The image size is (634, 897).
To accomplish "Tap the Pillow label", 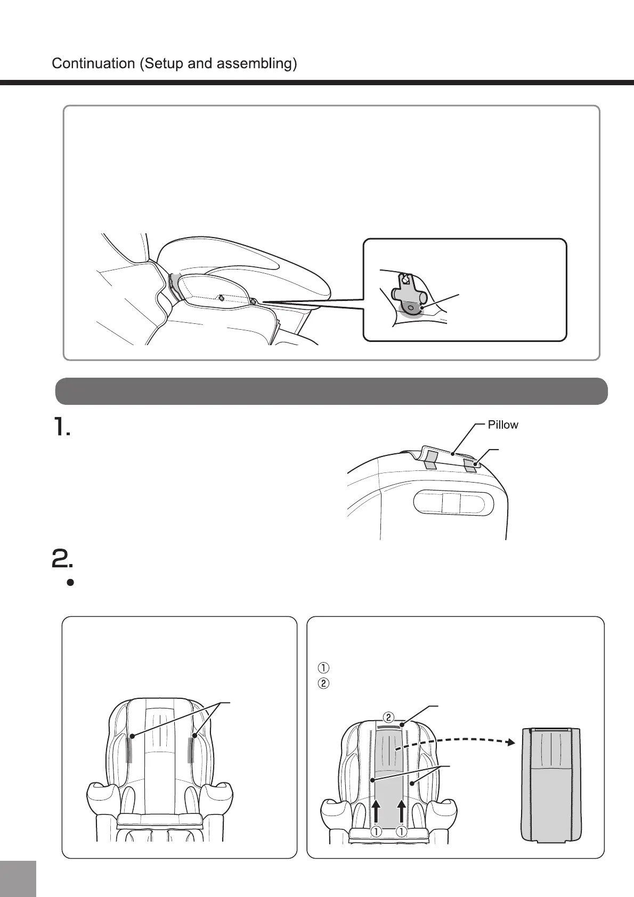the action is click(x=503, y=425).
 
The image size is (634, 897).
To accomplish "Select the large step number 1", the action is click(x=61, y=428).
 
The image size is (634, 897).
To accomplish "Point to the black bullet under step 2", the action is click(x=70, y=583).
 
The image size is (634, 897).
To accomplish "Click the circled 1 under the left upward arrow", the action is click(x=376, y=831).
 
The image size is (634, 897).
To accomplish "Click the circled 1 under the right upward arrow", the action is click(x=402, y=831).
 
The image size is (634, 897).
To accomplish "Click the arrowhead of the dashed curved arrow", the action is click(x=510, y=741).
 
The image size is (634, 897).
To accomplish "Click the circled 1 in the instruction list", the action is click(x=323, y=667).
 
